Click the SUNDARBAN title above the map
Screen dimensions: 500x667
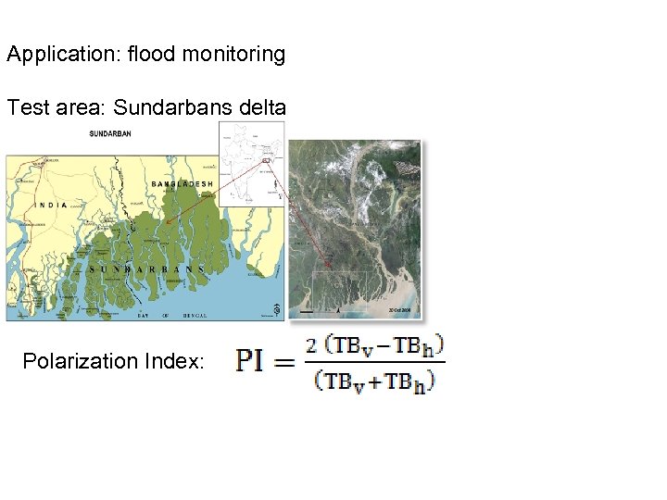click(110, 133)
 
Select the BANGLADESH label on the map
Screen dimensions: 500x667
click(182, 184)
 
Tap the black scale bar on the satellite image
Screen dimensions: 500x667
click(307, 312)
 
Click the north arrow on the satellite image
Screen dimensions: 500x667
click(337, 309)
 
